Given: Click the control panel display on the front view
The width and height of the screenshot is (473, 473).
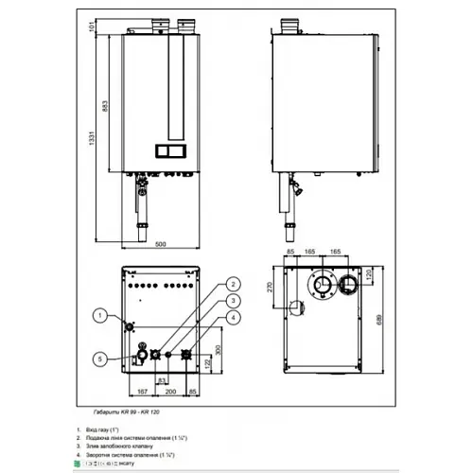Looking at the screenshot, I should click(171, 150).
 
